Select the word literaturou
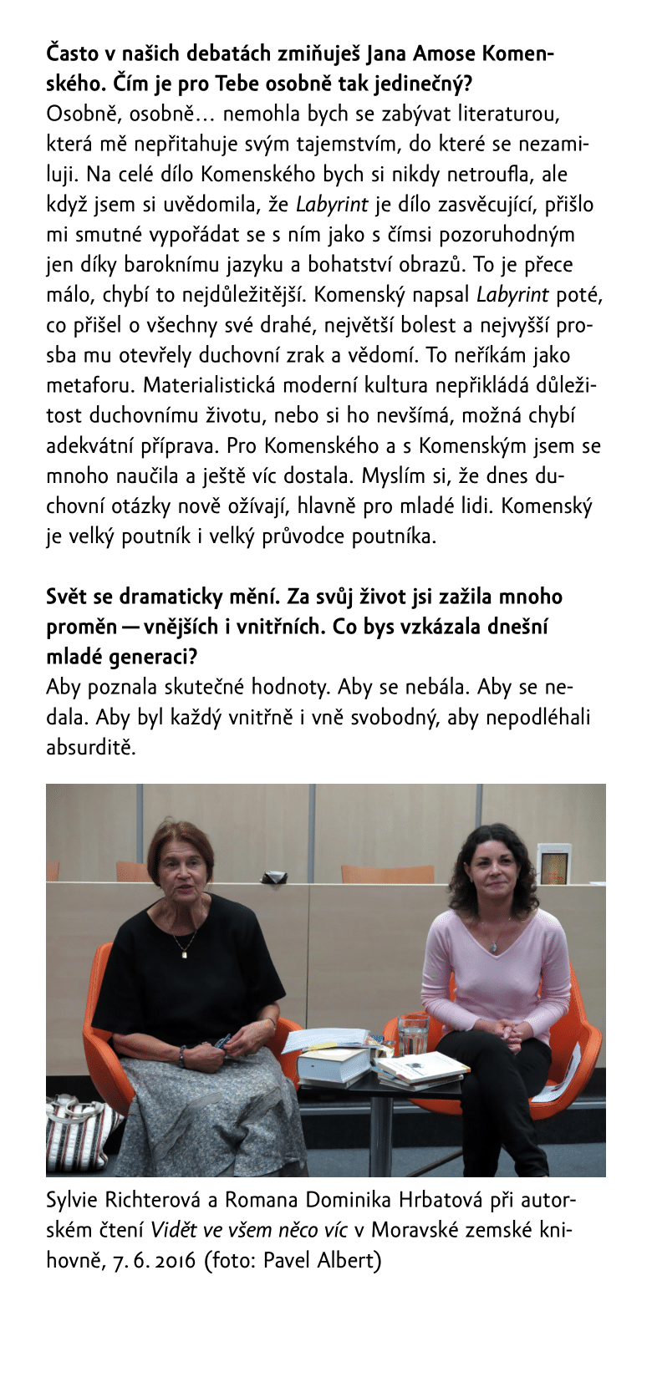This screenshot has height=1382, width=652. [508, 114]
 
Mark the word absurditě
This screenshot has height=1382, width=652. [90, 747]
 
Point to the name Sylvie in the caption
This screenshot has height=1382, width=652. [72, 1201]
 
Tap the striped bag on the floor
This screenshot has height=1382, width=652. [80, 1132]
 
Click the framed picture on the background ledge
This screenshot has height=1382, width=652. [553, 864]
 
